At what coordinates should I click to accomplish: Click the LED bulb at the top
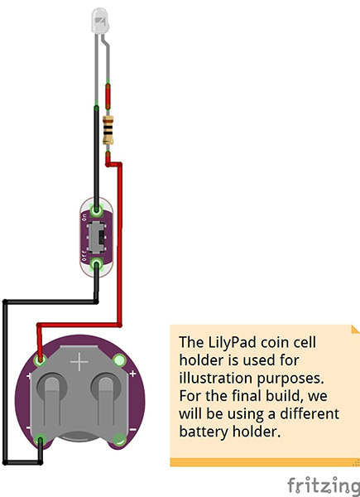pyautogui.click(x=101, y=21)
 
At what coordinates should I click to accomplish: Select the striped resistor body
pyautogui.click(x=108, y=130)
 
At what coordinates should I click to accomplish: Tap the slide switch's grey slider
pyautogui.click(x=97, y=238)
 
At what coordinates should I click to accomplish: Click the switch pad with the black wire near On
pyautogui.click(x=97, y=210)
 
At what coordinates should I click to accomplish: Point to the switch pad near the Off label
pyautogui.click(x=97, y=264)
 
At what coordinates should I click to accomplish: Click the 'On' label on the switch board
pyautogui.click(x=84, y=217)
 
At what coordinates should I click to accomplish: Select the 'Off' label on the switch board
pyautogui.click(x=84, y=256)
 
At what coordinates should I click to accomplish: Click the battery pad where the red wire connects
pyautogui.click(x=40, y=360)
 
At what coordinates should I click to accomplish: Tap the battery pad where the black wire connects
pyautogui.click(x=41, y=440)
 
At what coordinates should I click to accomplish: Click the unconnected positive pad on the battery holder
pyautogui.click(x=119, y=360)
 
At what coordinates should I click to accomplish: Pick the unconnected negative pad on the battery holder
pyautogui.click(x=119, y=440)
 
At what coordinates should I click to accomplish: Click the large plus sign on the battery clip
pyautogui.click(x=79, y=361)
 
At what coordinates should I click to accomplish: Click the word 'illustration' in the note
pyautogui.click(x=216, y=379)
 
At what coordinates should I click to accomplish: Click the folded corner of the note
pyautogui.click(x=356, y=329)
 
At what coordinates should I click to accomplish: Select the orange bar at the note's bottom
pyautogui.click(x=265, y=462)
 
